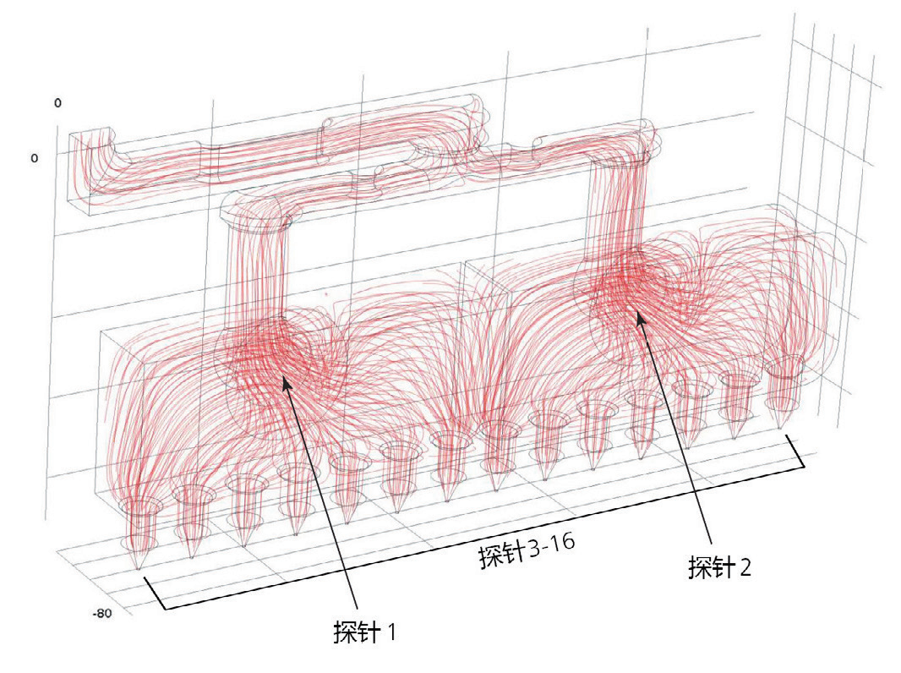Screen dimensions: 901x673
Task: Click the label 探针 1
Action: [364, 632]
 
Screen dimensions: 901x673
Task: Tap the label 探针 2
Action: [720, 567]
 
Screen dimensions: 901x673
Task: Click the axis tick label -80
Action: [101, 613]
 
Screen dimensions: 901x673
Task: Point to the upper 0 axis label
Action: [57, 103]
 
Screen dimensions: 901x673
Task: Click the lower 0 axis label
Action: [35, 158]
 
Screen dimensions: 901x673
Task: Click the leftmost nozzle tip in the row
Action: [138, 569]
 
